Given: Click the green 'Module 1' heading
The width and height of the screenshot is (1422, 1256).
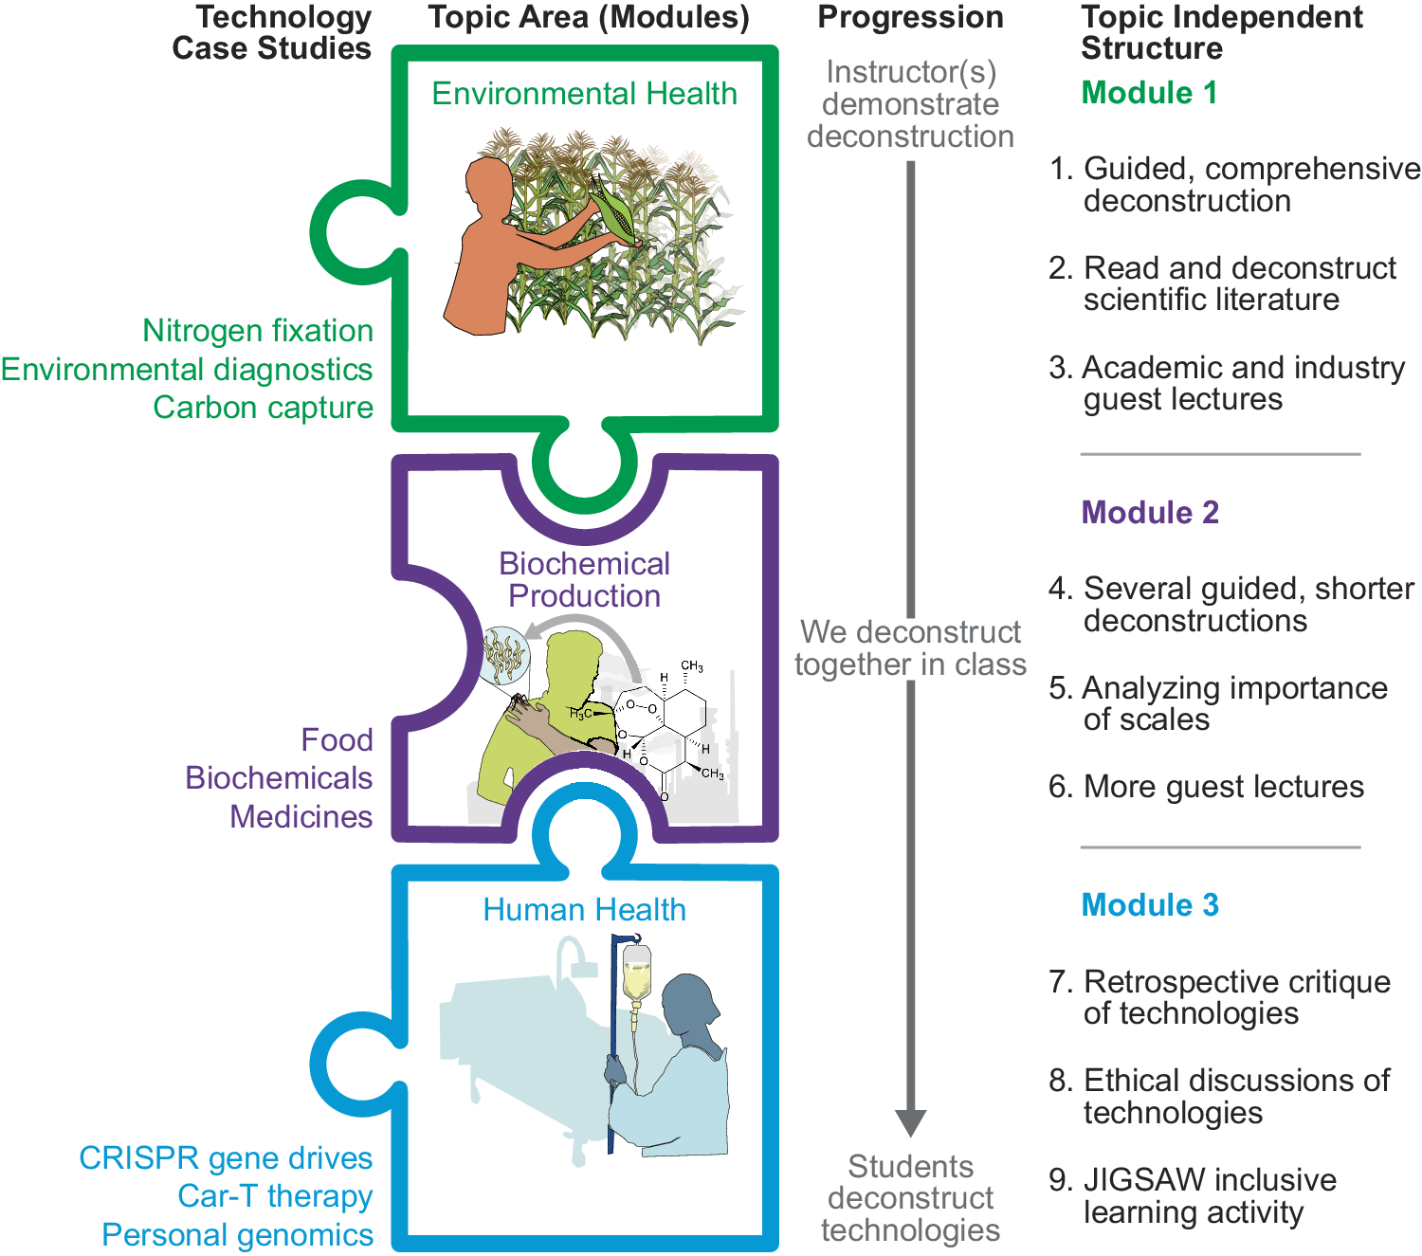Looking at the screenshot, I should click(1149, 93).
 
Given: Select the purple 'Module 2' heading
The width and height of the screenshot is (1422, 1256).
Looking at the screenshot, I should click(1150, 513).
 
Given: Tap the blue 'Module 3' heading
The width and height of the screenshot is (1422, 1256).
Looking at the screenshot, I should click(1150, 905).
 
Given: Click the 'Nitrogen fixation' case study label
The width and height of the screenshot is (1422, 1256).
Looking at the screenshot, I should click(258, 331).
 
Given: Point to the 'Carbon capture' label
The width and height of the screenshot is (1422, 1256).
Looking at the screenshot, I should click(263, 408).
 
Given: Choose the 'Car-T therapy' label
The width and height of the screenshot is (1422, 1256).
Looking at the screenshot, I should click(275, 1196).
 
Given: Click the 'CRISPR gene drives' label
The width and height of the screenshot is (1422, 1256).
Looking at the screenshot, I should click(226, 1158).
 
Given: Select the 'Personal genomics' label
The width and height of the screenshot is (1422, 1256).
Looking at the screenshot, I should click(237, 1235).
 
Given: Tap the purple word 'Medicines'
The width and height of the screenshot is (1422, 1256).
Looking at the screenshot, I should click(301, 817).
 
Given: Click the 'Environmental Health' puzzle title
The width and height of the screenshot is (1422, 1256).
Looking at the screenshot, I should click(584, 94).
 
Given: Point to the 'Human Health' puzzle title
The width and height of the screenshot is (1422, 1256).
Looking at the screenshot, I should click(584, 910).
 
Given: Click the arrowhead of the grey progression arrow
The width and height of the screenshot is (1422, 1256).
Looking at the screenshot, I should click(910, 1122).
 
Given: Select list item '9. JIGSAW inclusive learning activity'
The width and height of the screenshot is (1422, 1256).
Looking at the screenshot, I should click(1193, 1196).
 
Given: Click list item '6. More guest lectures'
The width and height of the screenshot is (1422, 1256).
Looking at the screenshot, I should click(1206, 787).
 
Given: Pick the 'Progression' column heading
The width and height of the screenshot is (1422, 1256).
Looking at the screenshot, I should click(910, 17).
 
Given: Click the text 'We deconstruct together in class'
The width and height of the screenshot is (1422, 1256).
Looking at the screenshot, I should click(910, 648).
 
